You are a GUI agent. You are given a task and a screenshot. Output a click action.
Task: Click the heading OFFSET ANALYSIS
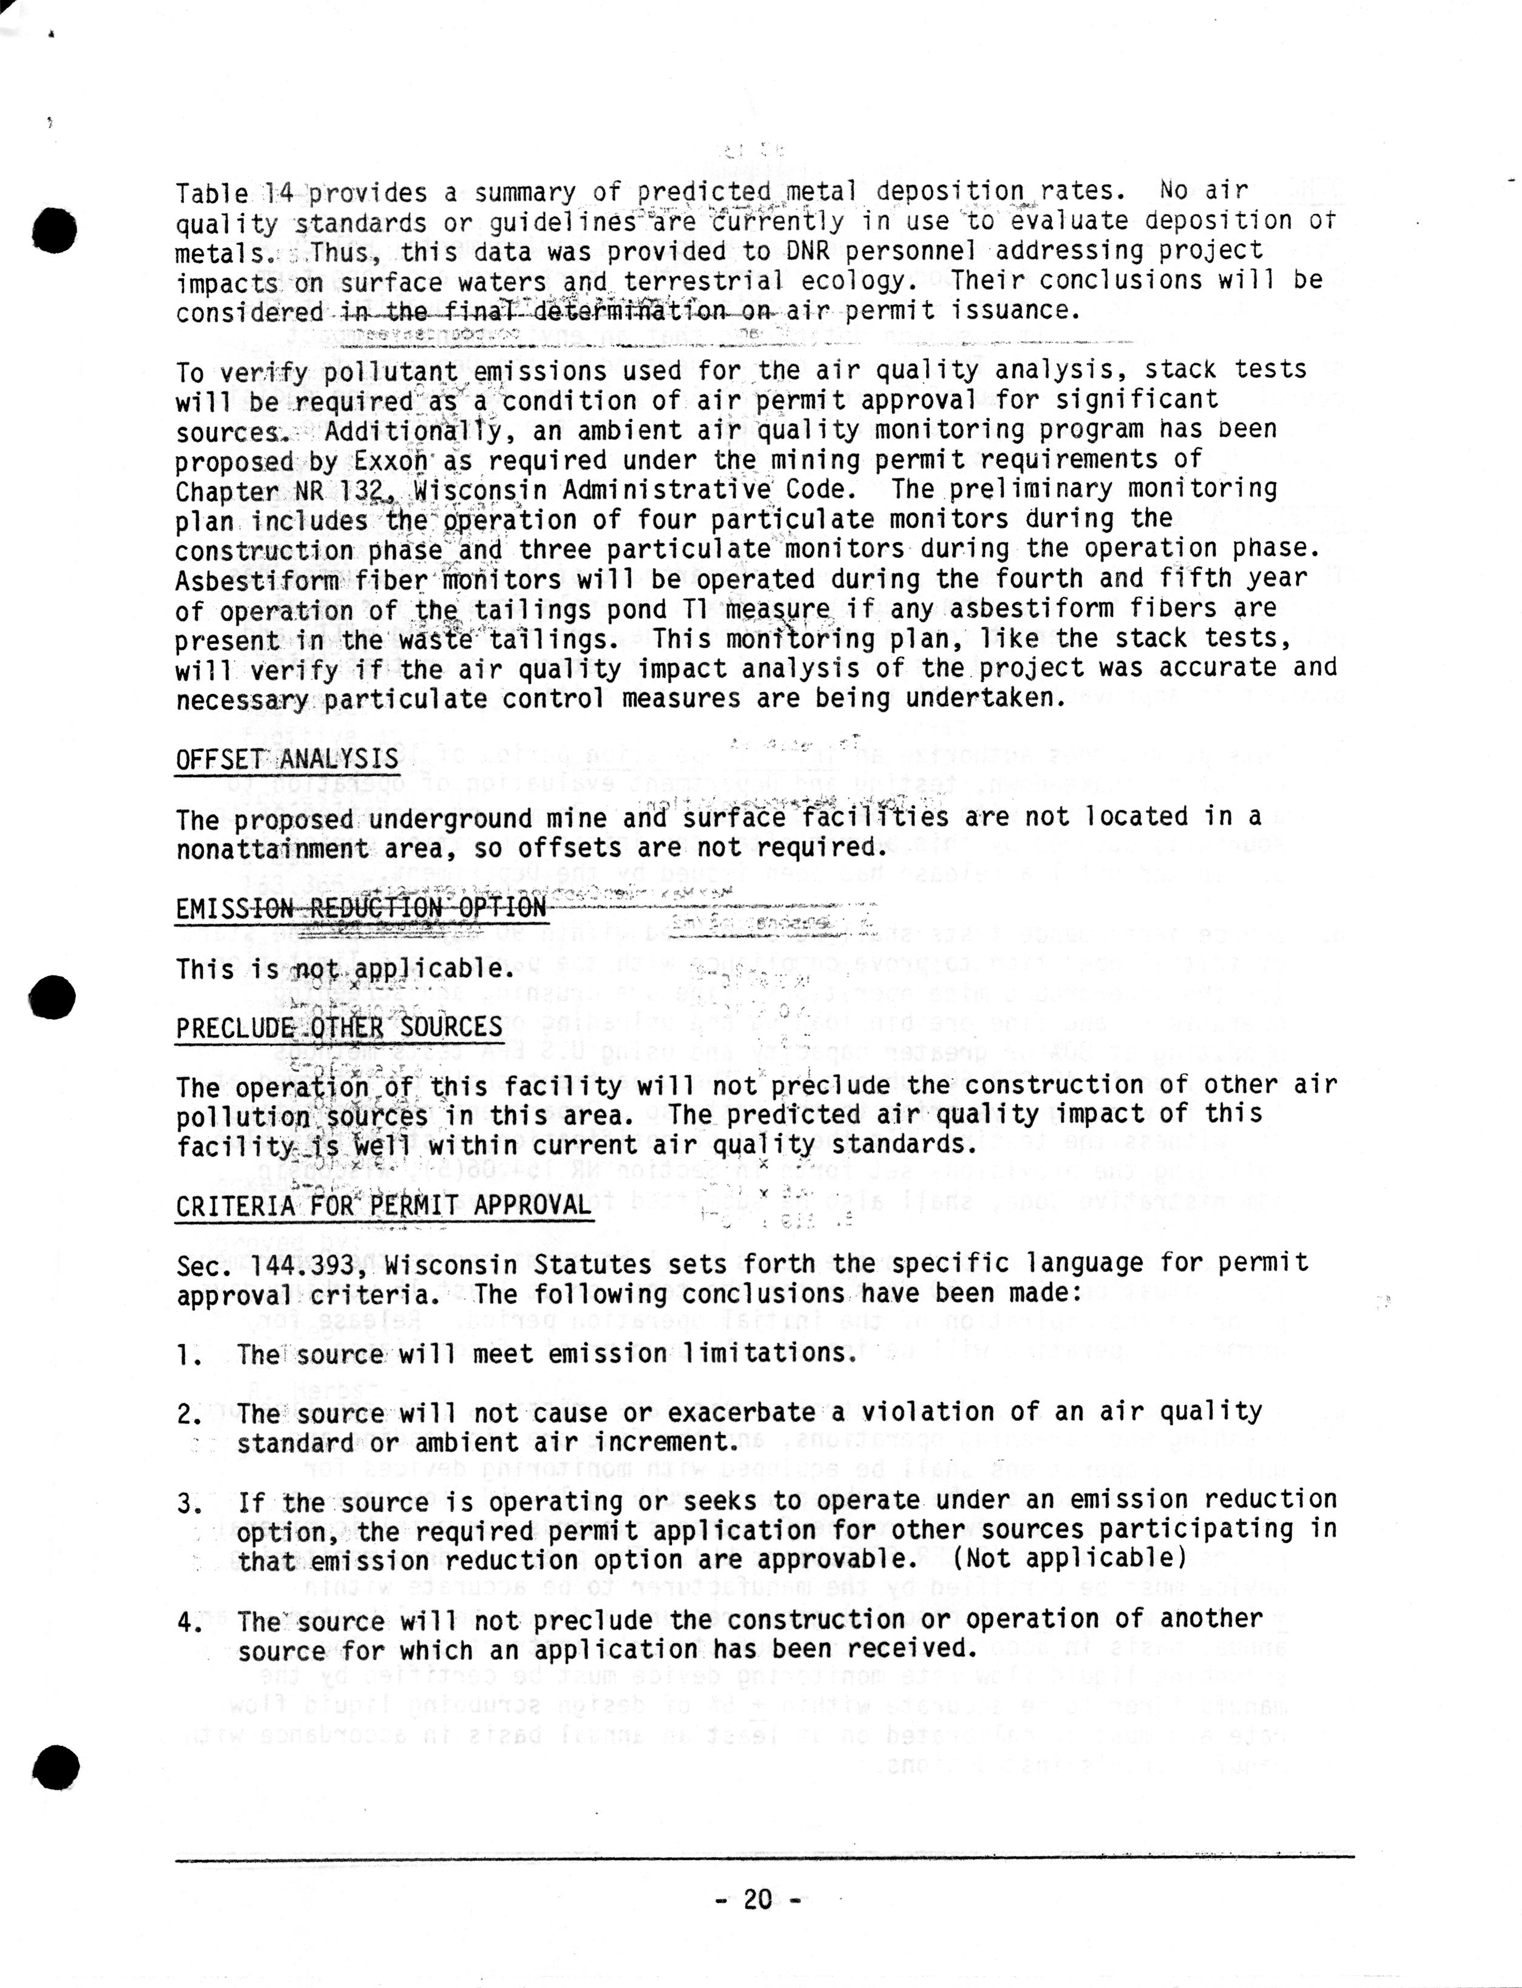[x=286, y=758]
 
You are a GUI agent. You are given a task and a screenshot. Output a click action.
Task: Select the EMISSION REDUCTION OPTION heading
[x=360, y=908]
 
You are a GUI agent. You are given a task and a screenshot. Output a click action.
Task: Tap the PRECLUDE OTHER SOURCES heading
[x=339, y=1027]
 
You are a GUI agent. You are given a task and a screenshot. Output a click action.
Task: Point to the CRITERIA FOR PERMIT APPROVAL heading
[x=383, y=1205]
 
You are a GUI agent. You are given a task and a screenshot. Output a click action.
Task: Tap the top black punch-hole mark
[x=58, y=230]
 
